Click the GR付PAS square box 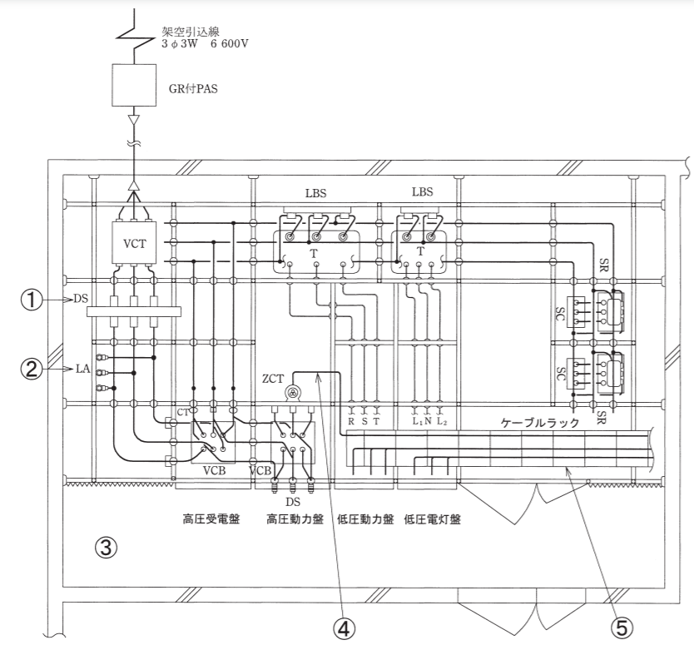coord(134,85)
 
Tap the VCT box coord(134,243)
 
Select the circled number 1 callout coord(32,300)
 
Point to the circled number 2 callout coord(32,369)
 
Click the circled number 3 coord(107,548)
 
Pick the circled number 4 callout coord(344,628)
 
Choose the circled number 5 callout coord(622,628)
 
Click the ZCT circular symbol coord(292,392)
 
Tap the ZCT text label coord(273,379)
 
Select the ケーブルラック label coord(540,423)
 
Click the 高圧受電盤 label coord(211,518)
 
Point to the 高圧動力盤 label coord(295,518)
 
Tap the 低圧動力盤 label coord(365,518)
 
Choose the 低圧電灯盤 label coord(433,518)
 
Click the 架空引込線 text coord(191,32)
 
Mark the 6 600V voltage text coord(230,44)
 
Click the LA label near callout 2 coord(82,369)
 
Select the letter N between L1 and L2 coord(428,421)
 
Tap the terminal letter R coord(351,421)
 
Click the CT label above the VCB coord(183,413)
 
